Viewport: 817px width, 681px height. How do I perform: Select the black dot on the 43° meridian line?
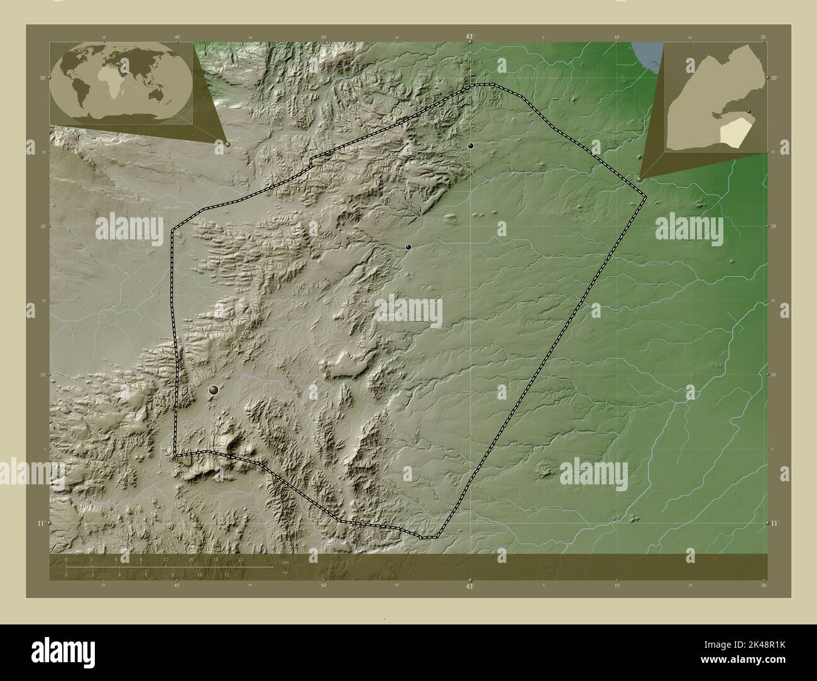(470, 146)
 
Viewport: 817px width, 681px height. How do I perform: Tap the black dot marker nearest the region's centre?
(409, 248)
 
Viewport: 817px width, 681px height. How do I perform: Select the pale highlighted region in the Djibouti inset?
(733, 132)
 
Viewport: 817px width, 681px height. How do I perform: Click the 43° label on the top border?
(469, 37)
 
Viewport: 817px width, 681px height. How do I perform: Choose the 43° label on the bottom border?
(469, 586)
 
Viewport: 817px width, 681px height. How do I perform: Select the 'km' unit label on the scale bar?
(285, 561)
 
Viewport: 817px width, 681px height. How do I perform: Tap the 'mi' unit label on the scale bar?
(285, 572)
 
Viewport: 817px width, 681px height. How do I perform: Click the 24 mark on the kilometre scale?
(265, 558)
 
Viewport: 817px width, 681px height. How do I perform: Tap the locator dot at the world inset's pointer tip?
(228, 144)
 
